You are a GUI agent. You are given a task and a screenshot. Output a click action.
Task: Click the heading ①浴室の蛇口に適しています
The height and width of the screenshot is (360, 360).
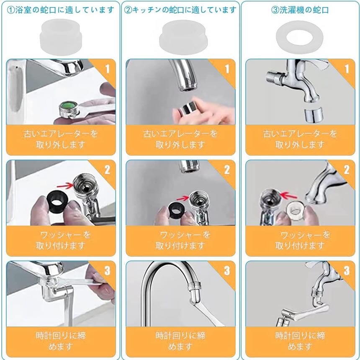[60, 10]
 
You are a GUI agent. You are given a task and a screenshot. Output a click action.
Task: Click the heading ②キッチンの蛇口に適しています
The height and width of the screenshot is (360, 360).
[180, 10]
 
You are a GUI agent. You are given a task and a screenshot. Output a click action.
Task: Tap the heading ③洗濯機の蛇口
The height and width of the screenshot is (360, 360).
[300, 10]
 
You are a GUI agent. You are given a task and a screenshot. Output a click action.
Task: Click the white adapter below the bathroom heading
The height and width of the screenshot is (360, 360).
[61, 37]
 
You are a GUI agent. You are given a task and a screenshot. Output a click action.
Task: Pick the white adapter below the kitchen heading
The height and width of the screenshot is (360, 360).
[183, 37]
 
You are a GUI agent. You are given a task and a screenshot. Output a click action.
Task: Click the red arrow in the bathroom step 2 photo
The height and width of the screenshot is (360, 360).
[64, 184]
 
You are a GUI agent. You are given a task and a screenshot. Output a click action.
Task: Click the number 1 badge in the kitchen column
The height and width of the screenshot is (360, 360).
[227, 69]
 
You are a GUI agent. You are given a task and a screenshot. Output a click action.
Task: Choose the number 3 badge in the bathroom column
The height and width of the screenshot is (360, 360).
[107, 270]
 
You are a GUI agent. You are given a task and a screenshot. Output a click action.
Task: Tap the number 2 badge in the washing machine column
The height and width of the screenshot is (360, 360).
[347, 170]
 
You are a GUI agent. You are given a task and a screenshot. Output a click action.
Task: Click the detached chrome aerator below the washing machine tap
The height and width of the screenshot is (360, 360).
[314, 115]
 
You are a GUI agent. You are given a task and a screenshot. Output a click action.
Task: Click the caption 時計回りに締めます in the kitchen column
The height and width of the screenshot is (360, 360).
[180, 341]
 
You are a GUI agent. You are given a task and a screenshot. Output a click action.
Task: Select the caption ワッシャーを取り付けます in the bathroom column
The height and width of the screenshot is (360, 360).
[61, 240]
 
